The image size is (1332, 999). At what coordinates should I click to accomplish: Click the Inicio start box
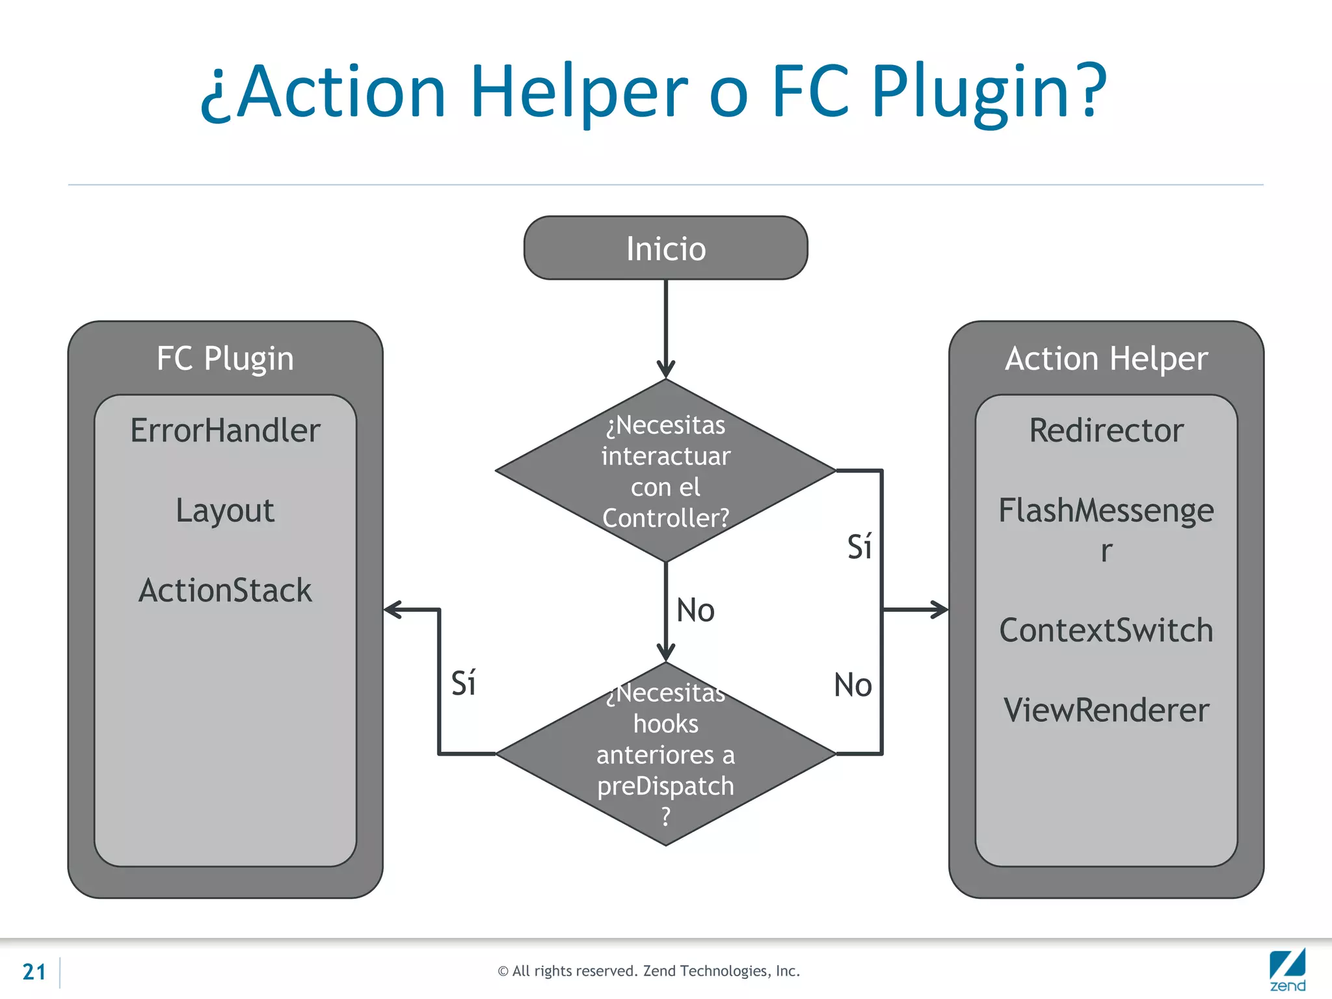pos(665,248)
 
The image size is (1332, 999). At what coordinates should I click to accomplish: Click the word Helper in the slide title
pos(578,92)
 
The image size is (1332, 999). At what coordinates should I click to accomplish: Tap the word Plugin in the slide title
pos(988,92)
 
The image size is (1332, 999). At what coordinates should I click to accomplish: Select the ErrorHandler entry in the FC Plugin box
pos(225,431)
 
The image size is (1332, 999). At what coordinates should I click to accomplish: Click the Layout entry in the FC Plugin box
pos(225,511)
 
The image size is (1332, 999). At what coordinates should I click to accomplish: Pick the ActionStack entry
pos(225,591)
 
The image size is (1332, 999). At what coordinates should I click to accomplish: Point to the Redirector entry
pos(1106,431)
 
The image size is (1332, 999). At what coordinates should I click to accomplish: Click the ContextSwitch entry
pos(1106,630)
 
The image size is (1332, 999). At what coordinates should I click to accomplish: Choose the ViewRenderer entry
pos(1106,710)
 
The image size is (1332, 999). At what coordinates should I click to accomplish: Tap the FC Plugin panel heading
pos(225,358)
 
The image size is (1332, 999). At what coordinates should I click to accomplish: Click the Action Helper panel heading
pos(1106,358)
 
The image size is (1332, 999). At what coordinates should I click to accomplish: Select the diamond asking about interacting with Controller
pos(665,471)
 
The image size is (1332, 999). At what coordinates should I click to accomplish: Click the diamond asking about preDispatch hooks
pos(665,754)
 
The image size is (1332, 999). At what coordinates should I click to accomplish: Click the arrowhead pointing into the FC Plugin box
pos(393,609)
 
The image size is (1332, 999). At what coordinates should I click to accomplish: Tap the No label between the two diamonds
pos(695,611)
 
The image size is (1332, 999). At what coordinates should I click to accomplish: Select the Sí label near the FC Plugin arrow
pos(463,684)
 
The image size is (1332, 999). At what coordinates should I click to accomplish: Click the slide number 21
pos(34,972)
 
